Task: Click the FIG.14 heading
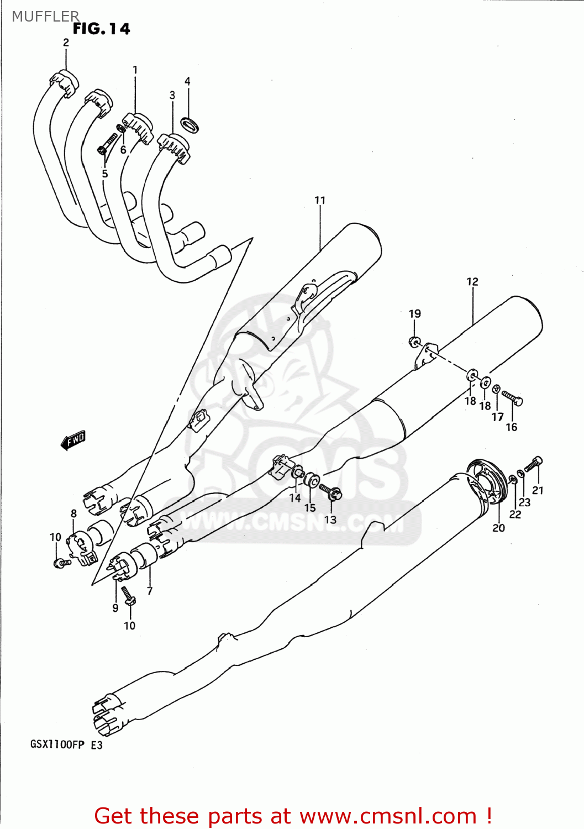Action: (x=101, y=29)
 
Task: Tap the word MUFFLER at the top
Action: (x=45, y=16)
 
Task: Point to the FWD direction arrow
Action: (x=73, y=440)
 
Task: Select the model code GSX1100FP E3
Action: (x=66, y=744)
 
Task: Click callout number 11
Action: (x=320, y=200)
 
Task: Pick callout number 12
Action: (x=472, y=281)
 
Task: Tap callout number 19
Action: (x=414, y=313)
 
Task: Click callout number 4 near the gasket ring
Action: (x=187, y=81)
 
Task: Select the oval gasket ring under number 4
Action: (x=190, y=125)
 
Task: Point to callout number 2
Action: (x=66, y=43)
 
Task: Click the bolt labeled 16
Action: (x=512, y=397)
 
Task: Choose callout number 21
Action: (x=538, y=490)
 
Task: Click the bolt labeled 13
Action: (x=330, y=491)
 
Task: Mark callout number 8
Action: (x=73, y=513)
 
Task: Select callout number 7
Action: (x=150, y=591)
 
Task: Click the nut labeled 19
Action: (x=414, y=342)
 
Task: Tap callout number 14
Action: (x=295, y=498)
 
